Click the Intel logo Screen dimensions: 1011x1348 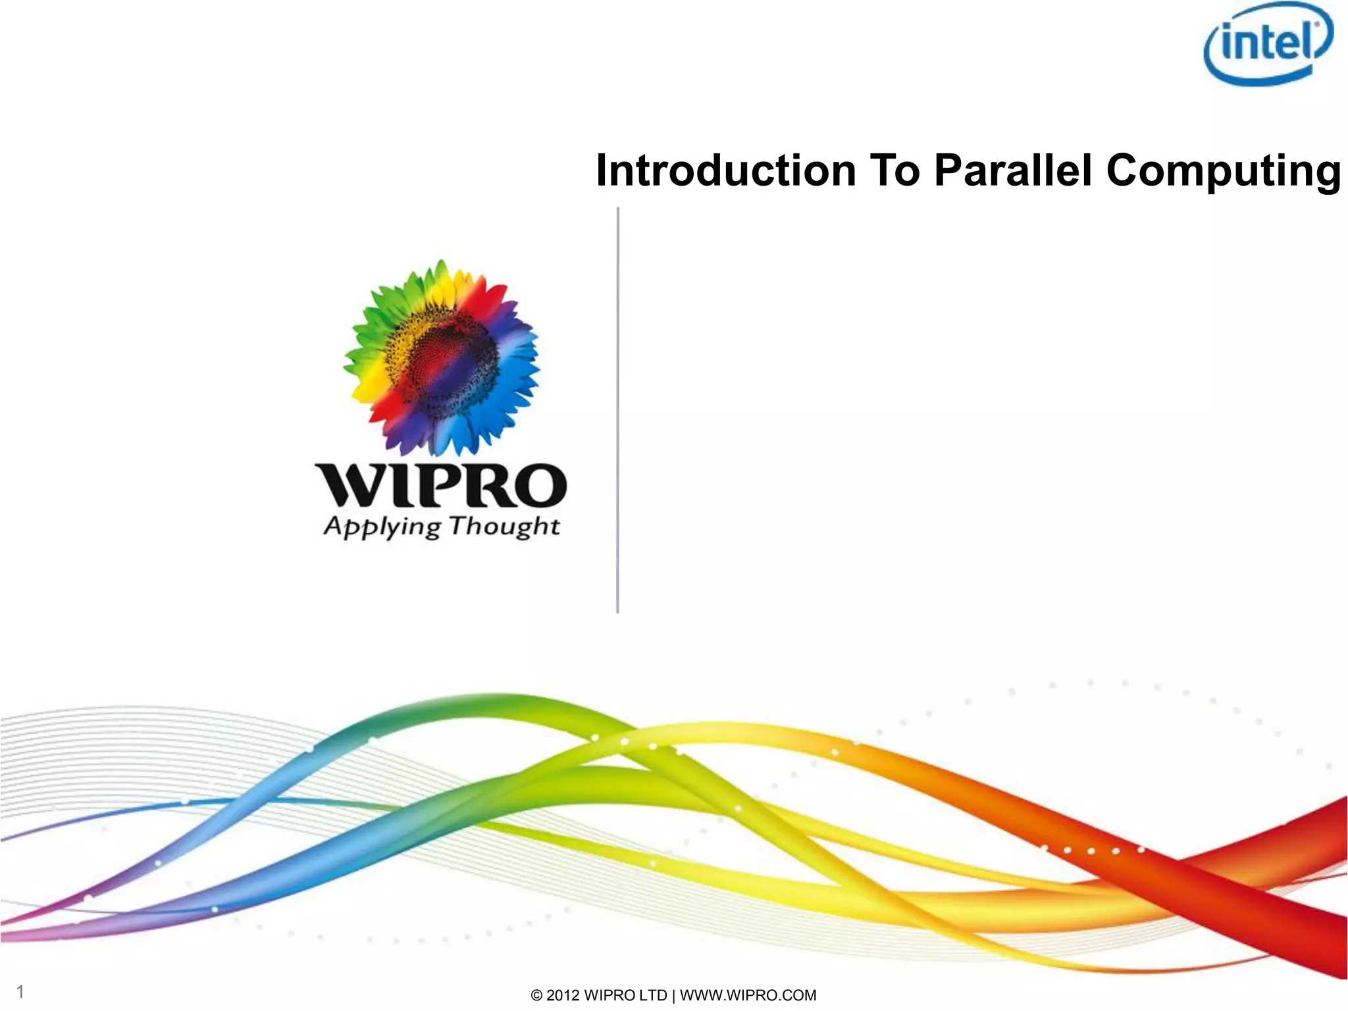(x=1268, y=43)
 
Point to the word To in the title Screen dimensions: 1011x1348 (x=894, y=170)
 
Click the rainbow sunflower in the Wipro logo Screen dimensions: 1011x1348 (x=441, y=359)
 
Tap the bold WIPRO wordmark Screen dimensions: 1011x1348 (x=440, y=486)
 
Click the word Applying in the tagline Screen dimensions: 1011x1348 (x=382, y=527)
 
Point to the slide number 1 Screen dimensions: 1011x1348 (x=20, y=992)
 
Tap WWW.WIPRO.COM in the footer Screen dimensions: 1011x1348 (x=748, y=995)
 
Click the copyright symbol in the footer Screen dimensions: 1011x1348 (x=537, y=996)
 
